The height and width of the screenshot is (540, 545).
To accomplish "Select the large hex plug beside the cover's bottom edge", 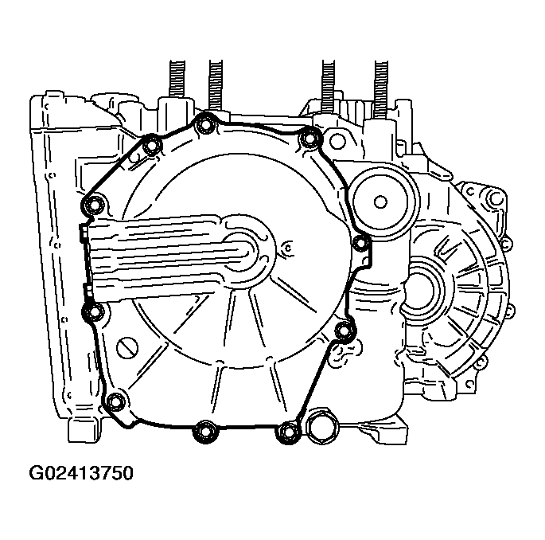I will pos(321,425).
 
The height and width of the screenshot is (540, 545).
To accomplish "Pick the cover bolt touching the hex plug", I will pos(287,432).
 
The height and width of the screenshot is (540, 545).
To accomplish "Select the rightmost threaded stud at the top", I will pos(381,80).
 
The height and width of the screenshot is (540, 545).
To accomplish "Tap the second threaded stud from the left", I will pos(215,80).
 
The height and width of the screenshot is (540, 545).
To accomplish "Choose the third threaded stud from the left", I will pos(327,80).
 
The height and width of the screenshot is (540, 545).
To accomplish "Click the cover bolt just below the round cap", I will pos(360,242).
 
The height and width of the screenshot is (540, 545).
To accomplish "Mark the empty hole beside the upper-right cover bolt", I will pos(337,142).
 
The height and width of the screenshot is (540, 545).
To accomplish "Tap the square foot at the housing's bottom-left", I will pos(84,430).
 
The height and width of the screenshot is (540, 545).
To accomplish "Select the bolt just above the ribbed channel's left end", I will pos(94,205).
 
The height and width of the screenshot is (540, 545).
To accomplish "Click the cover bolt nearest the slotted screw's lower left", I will pos(116,400).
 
